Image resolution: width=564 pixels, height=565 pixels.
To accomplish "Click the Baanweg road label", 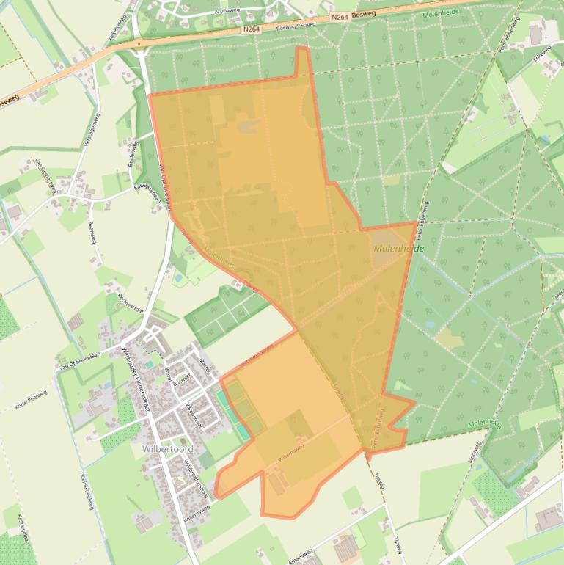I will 92,234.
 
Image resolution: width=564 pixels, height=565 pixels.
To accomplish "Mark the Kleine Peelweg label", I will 87,492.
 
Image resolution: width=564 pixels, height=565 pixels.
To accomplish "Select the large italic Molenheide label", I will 398,249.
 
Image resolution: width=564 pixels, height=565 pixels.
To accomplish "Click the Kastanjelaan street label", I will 24,527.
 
